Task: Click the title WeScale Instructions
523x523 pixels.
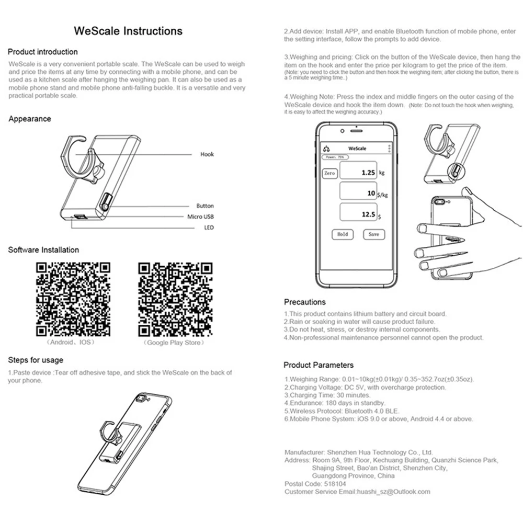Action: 128,31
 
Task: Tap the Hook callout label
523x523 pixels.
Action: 207,154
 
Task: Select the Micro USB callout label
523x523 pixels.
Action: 201,217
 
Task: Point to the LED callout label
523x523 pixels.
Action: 209,228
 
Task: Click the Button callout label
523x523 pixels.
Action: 205,206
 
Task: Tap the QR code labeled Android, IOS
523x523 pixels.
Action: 73,299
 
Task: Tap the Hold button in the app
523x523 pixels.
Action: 343,234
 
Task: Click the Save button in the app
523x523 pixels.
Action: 373,234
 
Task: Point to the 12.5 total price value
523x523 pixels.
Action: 362,214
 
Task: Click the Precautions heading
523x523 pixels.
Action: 304,302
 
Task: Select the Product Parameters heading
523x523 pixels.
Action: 319,365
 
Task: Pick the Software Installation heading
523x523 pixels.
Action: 43,250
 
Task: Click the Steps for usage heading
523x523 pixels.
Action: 36,360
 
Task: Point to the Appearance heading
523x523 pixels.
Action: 30,119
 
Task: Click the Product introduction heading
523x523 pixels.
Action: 43,52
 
